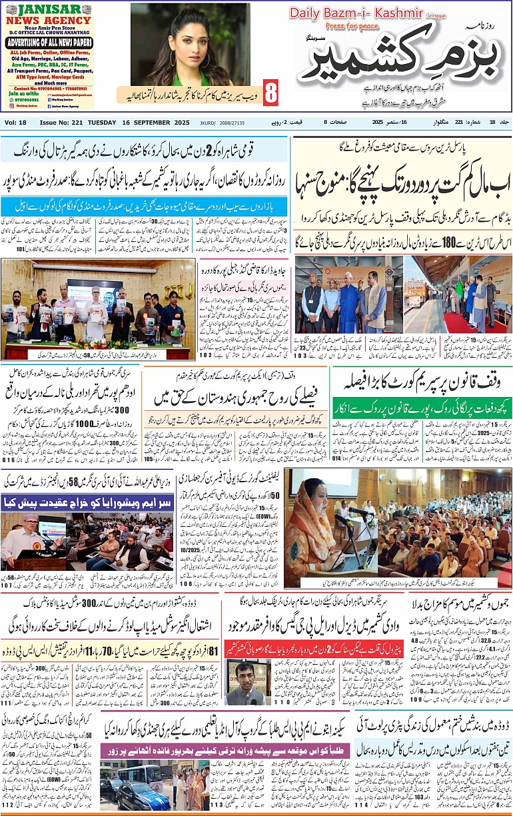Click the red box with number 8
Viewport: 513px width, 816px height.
coord(270,93)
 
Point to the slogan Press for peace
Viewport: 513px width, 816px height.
coord(351,26)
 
